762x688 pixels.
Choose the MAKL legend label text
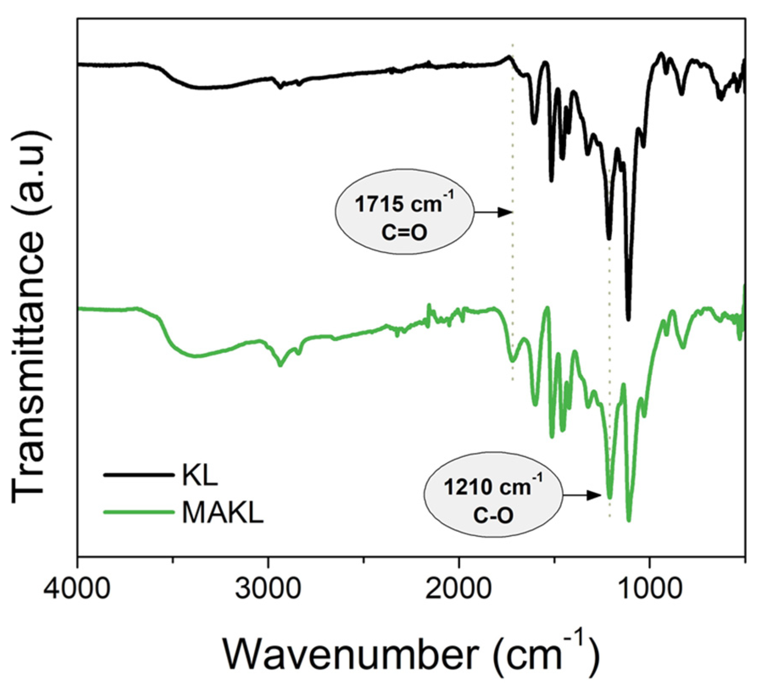tap(222, 513)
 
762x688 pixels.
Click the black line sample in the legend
tap(139, 475)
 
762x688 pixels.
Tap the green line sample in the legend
tap(139, 512)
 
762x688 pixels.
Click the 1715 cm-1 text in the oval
tap(403, 204)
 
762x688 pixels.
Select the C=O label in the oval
tap(403, 233)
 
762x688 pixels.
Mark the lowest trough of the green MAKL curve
tap(629, 520)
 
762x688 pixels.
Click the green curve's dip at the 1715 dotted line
tap(512, 361)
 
